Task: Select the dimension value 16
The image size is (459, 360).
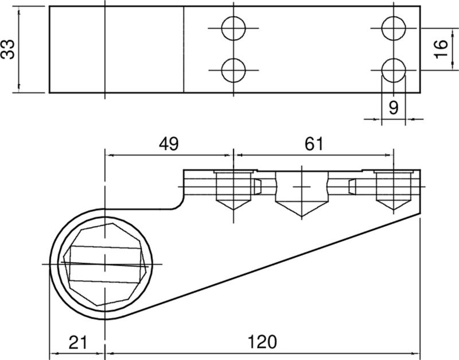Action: click(x=441, y=49)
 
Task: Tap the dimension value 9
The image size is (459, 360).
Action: click(x=394, y=107)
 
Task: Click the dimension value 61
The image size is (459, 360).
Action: click(x=313, y=144)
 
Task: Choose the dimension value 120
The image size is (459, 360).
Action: click(x=262, y=342)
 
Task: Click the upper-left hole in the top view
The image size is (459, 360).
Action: click(x=234, y=28)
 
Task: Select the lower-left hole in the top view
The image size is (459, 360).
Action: click(x=234, y=70)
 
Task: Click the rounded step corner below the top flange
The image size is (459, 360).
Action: click(x=180, y=205)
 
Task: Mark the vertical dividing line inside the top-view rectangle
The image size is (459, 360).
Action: click(x=184, y=49)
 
